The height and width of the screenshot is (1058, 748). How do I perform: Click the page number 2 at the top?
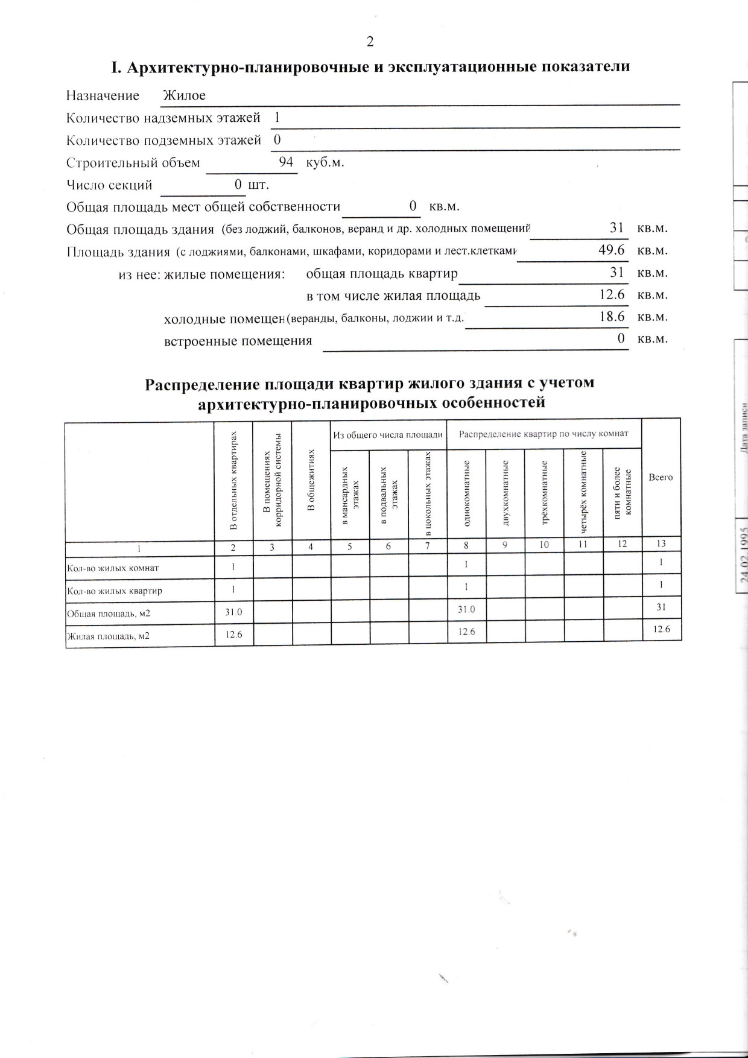point(370,41)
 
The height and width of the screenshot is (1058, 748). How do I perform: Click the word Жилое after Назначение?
point(185,95)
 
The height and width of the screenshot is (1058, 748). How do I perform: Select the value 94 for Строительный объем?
point(286,162)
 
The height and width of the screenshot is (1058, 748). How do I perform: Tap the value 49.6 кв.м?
point(611,250)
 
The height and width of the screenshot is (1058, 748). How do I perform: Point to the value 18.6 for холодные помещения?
point(612,316)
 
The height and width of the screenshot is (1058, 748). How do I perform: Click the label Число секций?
point(109,185)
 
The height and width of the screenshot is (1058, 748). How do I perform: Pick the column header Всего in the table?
point(661,477)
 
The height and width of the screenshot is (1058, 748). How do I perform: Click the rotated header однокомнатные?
point(466,493)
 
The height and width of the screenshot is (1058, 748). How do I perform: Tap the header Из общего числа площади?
point(388,434)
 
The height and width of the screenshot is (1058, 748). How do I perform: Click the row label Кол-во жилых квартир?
point(115,591)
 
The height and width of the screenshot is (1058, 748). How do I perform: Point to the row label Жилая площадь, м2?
point(109,636)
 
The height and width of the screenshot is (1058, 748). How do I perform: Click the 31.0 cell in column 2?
point(233,612)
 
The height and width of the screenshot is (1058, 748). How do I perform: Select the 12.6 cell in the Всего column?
point(661,629)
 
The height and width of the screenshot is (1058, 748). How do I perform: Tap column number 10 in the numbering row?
point(544,544)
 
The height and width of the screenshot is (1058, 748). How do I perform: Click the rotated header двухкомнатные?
point(506,493)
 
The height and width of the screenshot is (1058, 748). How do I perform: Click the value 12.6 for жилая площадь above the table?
point(612,294)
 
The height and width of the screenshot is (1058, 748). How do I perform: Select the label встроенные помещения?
point(238,341)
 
